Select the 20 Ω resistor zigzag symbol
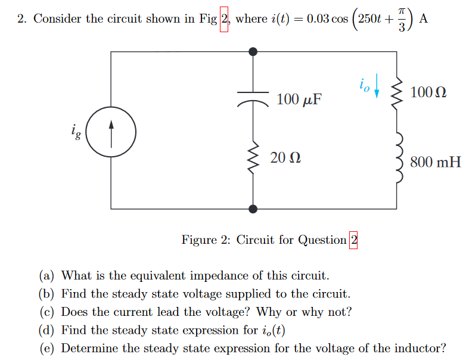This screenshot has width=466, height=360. click(253, 157)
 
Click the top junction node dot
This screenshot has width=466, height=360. click(253, 52)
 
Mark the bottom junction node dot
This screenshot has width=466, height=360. click(253, 209)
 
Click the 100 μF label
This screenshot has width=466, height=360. click(299, 99)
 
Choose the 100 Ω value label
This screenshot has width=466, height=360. click(428, 93)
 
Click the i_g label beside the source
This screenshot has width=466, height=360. click(75, 130)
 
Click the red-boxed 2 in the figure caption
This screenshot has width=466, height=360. click(353, 240)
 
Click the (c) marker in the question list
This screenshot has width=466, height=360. click(48, 312)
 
